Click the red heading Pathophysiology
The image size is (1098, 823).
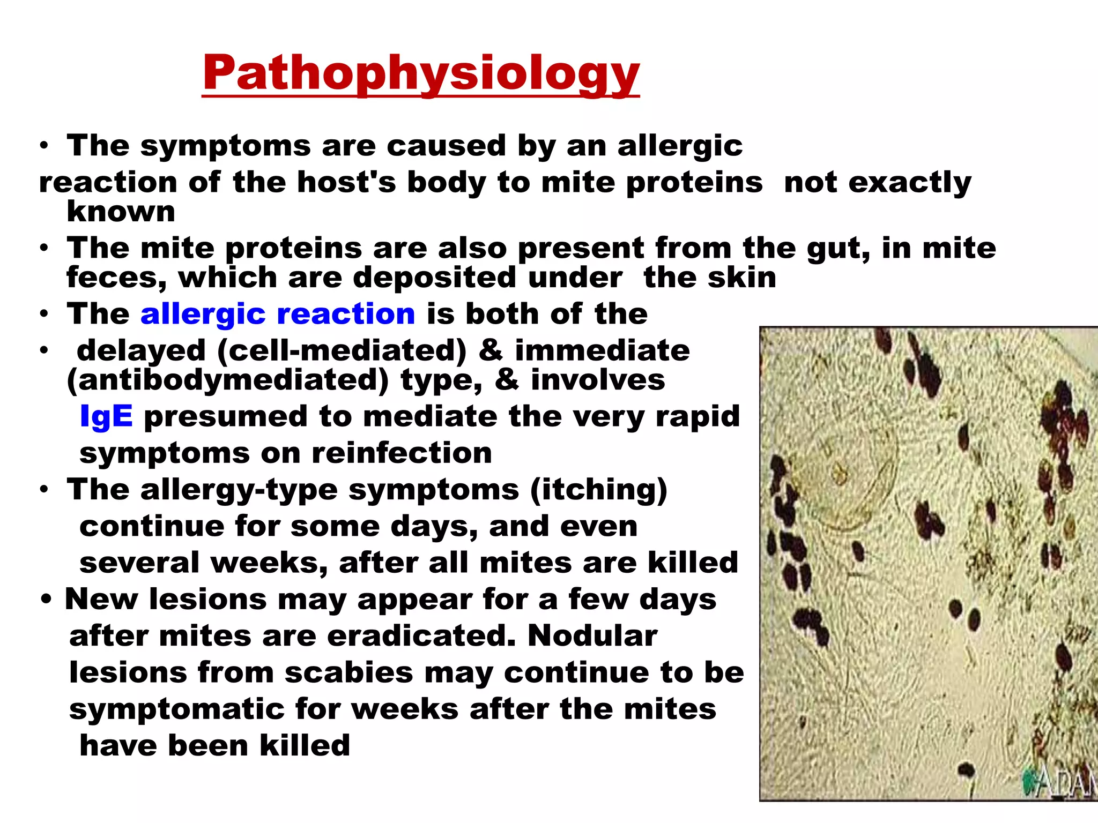421,73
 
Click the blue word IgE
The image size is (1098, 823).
106,416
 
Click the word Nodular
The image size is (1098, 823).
592,636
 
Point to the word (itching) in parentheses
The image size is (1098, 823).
599,490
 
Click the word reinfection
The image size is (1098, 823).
402,453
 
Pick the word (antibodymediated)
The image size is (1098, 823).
227,380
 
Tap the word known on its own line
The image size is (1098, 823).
121,211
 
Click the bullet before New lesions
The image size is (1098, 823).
46,600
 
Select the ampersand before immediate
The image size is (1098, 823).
490,350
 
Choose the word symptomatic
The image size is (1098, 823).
177,709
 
